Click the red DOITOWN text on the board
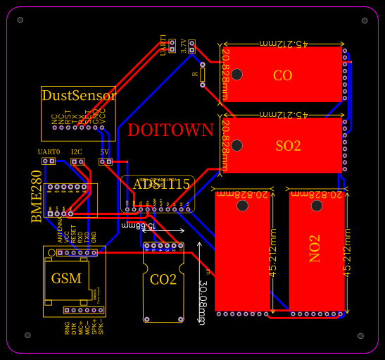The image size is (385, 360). (x=170, y=130)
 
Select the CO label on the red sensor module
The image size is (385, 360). (x=282, y=75)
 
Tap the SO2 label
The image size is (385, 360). (x=288, y=146)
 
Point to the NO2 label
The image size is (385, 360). (x=315, y=249)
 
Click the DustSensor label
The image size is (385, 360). (x=78, y=95)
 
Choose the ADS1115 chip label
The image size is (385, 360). (x=161, y=185)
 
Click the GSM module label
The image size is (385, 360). (x=66, y=278)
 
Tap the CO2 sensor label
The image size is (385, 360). (x=163, y=280)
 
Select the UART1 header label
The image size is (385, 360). (x=163, y=44)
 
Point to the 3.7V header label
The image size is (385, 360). (x=184, y=46)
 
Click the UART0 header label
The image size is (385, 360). (x=49, y=152)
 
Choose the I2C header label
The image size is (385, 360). (x=77, y=152)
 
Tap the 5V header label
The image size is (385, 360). (x=105, y=152)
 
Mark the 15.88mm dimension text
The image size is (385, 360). (x=134, y=225)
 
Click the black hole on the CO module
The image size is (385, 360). (x=237, y=75)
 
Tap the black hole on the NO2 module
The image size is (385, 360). (x=317, y=206)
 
